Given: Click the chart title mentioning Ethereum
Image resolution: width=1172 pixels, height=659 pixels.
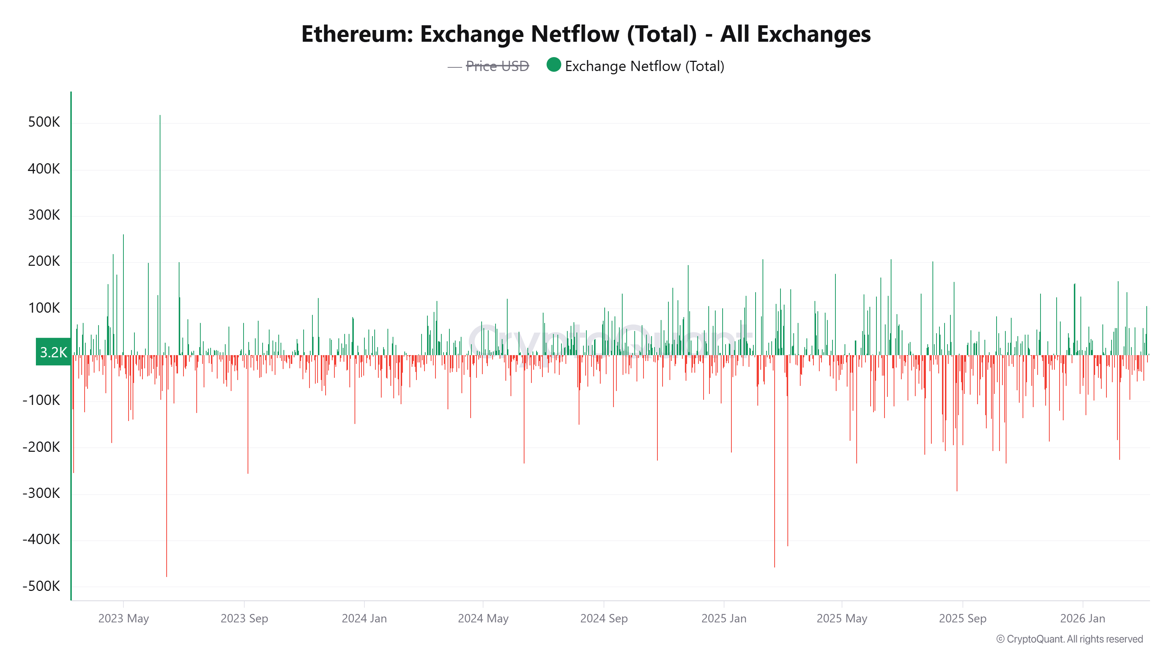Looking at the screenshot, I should point(586,34).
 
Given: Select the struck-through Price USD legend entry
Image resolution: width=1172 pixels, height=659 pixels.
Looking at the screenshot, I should point(497,66).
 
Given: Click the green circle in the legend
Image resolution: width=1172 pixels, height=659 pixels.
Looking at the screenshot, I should point(553,65).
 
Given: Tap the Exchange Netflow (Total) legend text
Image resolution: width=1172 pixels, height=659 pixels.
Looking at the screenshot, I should point(644,66).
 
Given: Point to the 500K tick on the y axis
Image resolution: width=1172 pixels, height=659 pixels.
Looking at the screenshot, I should point(44,122).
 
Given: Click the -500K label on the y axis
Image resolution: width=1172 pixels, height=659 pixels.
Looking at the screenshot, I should point(41,586).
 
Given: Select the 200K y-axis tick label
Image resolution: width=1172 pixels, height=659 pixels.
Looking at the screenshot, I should point(44,261).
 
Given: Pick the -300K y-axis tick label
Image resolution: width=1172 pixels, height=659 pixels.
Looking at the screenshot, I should point(41,493).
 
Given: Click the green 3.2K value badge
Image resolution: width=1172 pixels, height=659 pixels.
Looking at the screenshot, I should point(53,352).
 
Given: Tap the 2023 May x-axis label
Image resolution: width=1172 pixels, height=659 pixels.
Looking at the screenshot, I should point(123,618).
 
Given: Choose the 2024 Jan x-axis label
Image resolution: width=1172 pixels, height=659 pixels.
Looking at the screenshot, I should point(364,618).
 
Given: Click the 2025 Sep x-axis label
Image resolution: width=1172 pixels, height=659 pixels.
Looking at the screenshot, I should point(962,618).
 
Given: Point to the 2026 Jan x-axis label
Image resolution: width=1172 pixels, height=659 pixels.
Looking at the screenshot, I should point(1082,618).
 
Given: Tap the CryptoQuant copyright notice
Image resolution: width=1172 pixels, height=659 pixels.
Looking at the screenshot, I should point(1069,639).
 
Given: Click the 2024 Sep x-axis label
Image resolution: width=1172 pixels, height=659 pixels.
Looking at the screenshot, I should point(604,618).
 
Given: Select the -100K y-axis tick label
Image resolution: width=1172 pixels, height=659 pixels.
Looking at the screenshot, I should point(41,400).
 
